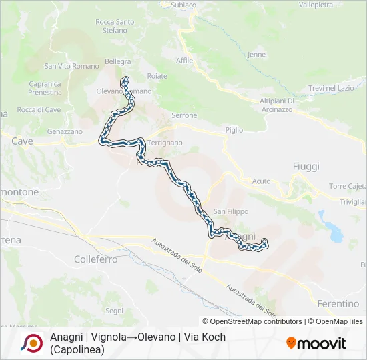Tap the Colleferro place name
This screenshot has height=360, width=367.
[x=96, y=259]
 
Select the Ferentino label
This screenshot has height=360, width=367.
[x=339, y=303]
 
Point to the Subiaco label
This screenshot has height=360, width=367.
[x=183, y=5]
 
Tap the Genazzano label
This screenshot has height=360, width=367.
[x=65, y=132]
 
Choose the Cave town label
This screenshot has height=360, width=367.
[x=22, y=141]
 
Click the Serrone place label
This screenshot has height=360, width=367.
[x=184, y=115]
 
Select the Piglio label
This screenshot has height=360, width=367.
[x=234, y=130]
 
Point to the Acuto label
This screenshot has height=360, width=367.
[x=261, y=181]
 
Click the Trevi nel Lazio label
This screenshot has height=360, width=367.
[x=331, y=88]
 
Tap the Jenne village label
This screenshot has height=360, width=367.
[x=256, y=55]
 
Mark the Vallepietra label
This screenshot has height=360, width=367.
[x=316, y=5]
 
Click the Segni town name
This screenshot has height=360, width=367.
[x=114, y=311]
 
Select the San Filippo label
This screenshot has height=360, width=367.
[x=230, y=211]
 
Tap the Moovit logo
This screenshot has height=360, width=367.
[x=316, y=343]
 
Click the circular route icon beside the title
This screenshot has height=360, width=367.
[x=31, y=343]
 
